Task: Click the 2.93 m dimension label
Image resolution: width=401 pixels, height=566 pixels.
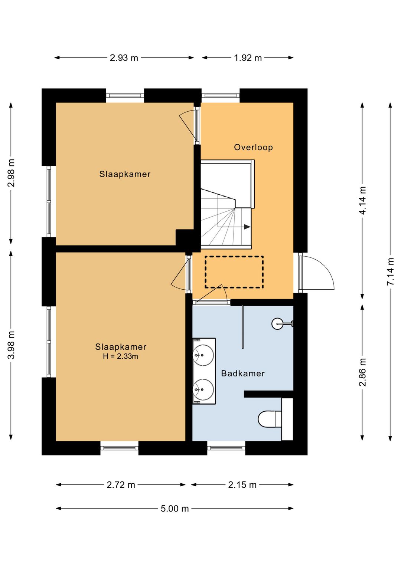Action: pyautogui.click(x=124, y=58)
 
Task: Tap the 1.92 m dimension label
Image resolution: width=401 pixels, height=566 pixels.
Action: pyautogui.click(x=247, y=58)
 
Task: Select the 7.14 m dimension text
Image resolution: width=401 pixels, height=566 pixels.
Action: pyautogui.click(x=390, y=272)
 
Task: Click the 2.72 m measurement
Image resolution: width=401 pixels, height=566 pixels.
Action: pyautogui.click(x=121, y=485)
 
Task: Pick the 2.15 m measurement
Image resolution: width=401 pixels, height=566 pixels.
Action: pyautogui.click(x=242, y=485)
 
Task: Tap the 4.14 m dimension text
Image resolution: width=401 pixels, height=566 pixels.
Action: pyautogui.click(x=362, y=200)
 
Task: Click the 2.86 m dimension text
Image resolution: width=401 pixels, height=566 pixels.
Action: pyautogui.click(x=362, y=372)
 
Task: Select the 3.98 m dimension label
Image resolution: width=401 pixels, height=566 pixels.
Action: pyautogui.click(x=11, y=345)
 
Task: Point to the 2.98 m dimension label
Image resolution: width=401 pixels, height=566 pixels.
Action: pyautogui.click(x=11, y=173)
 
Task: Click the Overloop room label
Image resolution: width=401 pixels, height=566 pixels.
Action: pyautogui.click(x=253, y=147)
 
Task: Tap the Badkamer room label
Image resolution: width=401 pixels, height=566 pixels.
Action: pyautogui.click(x=242, y=373)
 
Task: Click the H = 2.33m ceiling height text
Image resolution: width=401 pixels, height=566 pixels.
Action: pyautogui.click(x=120, y=356)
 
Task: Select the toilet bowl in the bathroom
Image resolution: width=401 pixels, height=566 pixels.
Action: pyautogui.click(x=270, y=419)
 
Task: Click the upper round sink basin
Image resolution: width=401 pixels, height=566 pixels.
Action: pyautogui.click(x=203, y=355)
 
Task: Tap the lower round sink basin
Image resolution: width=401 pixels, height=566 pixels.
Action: pyautogui.click(x=203, y=389)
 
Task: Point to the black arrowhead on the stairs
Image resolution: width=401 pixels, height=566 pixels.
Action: pyautogui.click(x=247, y=227)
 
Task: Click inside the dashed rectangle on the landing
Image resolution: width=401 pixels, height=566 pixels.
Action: pyautogui.click(x=234, y=272)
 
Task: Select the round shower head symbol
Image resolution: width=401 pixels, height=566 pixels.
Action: pyautogui.click(x=277, y=323)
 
